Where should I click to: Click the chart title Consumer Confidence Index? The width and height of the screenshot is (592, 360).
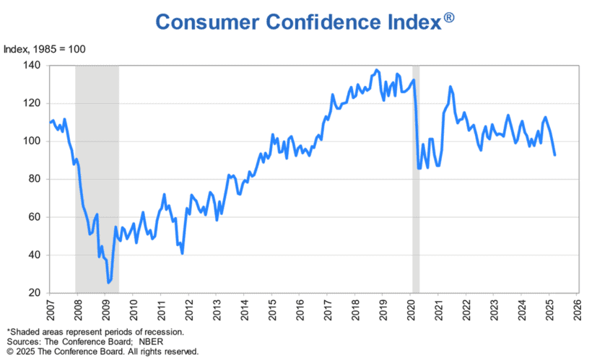point(297,22)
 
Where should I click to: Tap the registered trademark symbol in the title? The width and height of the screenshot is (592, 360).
point(448,17)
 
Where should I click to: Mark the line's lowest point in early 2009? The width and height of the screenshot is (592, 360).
point(109,282)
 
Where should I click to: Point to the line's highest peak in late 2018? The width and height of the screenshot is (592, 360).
point(376,70)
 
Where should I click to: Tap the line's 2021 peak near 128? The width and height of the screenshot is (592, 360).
point(450,87)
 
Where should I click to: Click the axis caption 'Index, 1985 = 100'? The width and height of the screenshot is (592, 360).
point(45,50)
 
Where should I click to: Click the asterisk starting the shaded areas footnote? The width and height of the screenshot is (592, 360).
point(9,331)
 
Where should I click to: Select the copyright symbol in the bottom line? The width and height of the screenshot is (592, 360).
point(9,351)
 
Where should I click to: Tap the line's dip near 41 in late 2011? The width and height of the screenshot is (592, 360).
point(182,253)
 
